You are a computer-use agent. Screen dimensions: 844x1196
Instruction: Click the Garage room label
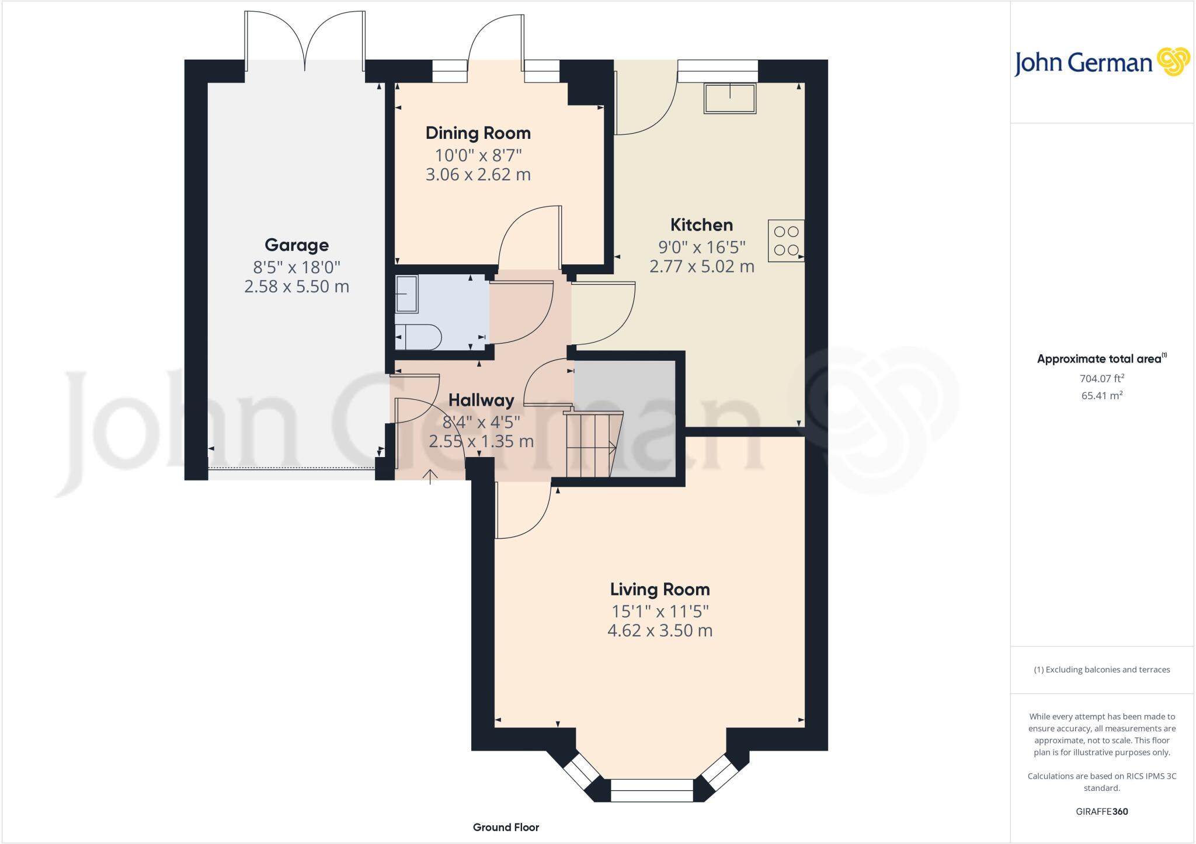point(296,245)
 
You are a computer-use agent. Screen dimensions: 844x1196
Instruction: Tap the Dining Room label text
point(478,133)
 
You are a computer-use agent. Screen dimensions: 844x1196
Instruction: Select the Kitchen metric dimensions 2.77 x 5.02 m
point(701,267)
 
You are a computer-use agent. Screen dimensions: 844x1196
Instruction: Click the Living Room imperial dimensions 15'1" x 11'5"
point(660,612)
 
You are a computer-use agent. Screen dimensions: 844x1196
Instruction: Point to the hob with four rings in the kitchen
point(786,240)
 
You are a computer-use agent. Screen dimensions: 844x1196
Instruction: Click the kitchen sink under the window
point(730,98)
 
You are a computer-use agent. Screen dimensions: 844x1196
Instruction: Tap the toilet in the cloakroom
point(418,337)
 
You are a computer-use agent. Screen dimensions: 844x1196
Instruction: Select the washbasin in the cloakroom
point(406,294)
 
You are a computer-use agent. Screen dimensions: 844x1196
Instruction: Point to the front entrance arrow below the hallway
point(430,476)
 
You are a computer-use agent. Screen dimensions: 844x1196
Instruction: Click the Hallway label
point(481,400)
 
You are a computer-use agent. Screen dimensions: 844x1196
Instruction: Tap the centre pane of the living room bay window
point(651,794)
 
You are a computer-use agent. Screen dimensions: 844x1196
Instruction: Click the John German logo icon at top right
point(1173,61)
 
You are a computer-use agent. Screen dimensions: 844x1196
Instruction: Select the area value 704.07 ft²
point(1102,378)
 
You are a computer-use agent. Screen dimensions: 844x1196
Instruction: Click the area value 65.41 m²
point(1102,395)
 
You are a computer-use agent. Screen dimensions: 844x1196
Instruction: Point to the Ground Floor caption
point(506,827)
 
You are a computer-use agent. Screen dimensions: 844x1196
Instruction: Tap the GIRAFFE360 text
point(1101,811)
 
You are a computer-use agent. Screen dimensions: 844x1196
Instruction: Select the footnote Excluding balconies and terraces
point(1101,669)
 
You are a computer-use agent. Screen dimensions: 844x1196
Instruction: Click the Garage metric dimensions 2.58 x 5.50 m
point(296,287)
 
